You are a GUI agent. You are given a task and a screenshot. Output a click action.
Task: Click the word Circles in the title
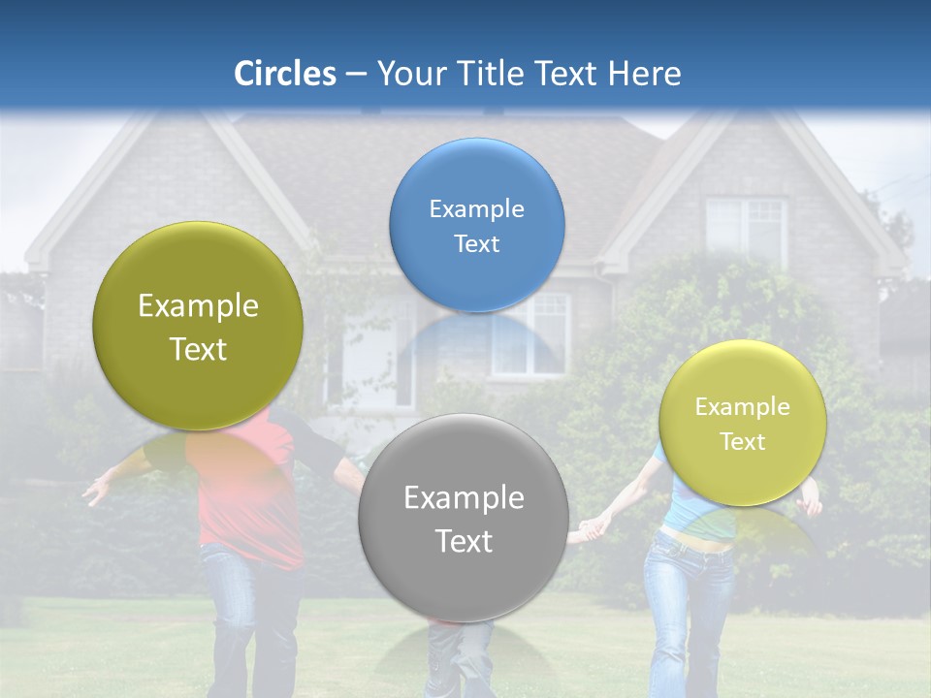285,74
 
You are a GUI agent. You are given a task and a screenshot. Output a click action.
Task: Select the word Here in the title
644,74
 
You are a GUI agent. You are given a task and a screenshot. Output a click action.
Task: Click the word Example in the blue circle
476,209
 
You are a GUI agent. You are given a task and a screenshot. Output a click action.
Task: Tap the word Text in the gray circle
464,541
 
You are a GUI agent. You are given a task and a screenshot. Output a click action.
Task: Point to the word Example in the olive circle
198,306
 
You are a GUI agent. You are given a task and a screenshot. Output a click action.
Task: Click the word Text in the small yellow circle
743,442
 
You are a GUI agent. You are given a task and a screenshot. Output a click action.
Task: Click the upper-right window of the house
745,231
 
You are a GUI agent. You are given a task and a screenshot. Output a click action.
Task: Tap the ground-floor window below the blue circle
530,334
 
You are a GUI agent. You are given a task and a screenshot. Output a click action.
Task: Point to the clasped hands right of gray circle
591,527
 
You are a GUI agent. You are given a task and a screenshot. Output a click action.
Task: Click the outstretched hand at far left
95,492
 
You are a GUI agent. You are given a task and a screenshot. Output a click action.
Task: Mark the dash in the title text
356,75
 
